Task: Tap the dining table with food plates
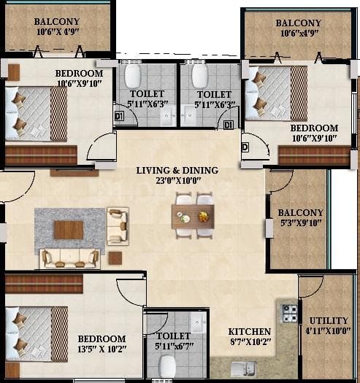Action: click(x=193, y=216)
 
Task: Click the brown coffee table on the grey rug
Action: click(x=69, y=230)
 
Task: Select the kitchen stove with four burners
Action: click(x=289, y=314)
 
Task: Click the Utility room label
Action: click(x=328, y=320)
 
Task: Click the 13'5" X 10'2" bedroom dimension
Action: click(x=102, y=350)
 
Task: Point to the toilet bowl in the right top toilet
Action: click(x=199, y=76)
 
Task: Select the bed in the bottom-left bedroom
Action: click(x=37, y=333)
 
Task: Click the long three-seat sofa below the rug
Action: click(x=70, y=258)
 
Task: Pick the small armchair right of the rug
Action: click(x=117, y=226)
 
